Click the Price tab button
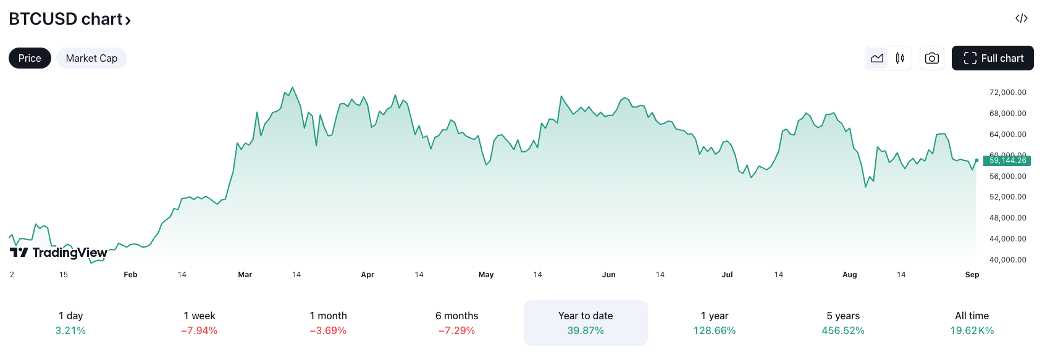pyautogui.click(x=30, y=58)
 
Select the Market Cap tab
pyautogui.click(x=91, y=58)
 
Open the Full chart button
pyautogui.click(x=993, y=58)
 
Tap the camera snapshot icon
pyautogui.click(x=931, y=58)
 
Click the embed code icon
pyautogui.click(x=1022, y=19)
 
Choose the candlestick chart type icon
pyautogui.click(x=900, y=58)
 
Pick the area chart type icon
pyautogui.click(x=877, y=58)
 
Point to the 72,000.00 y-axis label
pyautogui.click(x=1007, y=93)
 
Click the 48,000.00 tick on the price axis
pyautogui.click(x=1007, y=218)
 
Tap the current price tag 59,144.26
pyautogui.click(x=1007, y=161)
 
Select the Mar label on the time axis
pyautogui.click(x=245, y=275)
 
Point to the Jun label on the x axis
pyautogui.click(x=608, y=275)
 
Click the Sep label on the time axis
pyautogui.click(x=972, y=275)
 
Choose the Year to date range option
pyautogui.click(x=586, y=323)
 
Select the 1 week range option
pyautogui.click(x=199, y=323)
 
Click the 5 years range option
pyautogui.click(x=843, y=323)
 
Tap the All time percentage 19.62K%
pyautogui.click(x=972, y=331)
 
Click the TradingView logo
pyautogui.click(x=59, y=252)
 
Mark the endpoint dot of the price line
pyautogui.click(x=976, y=161)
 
